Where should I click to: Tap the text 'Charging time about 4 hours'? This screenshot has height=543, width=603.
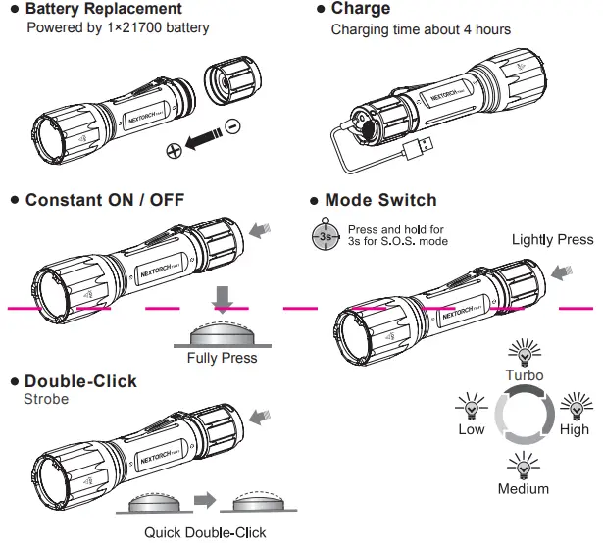(421, 29)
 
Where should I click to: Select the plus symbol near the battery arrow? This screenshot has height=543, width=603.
(174, 149)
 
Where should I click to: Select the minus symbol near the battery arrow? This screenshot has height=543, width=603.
(231, 125)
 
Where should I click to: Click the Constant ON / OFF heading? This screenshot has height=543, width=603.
(104, 201)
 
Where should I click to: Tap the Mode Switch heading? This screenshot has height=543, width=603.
(380, 201)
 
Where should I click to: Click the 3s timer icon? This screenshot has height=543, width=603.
(324, 236)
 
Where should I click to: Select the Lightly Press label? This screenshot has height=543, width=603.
(552, 240)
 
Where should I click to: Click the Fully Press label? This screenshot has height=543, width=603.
(222, 358)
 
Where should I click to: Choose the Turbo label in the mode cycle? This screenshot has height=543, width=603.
(524, 375)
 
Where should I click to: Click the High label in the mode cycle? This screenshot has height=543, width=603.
(575, 429)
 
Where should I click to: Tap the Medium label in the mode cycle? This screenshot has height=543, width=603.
(524, 488)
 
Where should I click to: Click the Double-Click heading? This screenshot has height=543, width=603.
(80, 381)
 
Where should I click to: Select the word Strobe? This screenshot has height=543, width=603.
(46, 400)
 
